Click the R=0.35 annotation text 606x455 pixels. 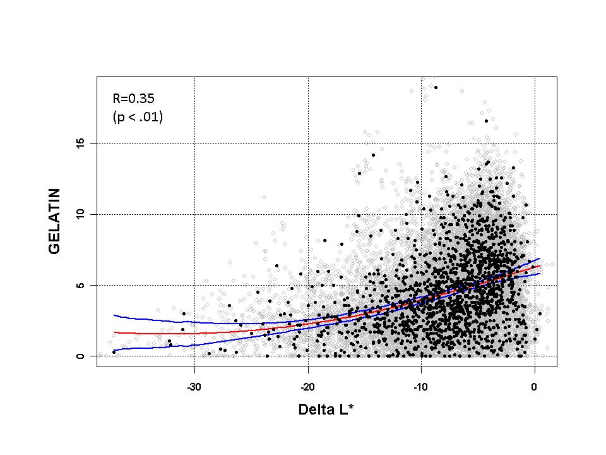pyautogui.click(x=134, y=98)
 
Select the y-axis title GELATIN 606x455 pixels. pyautogui.click(x=55, y=221)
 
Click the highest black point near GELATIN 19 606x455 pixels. pyautogui.click(x=436, y=87)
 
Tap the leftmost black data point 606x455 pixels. pyautogui.click(x=114, y=351)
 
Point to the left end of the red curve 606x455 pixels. pyautogui.click(x=114, y=332)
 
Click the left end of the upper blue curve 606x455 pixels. pyautogui.click(x=114, y=315)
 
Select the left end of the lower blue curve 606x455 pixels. pyautogui.click(x=114, y=349)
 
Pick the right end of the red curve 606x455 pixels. pyautogui.click(x=540, y=265)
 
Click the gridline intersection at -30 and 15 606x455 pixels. pyautogui.click(x=194, y=143)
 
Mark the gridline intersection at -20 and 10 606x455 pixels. pyautogui.click(x=308, y=214)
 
